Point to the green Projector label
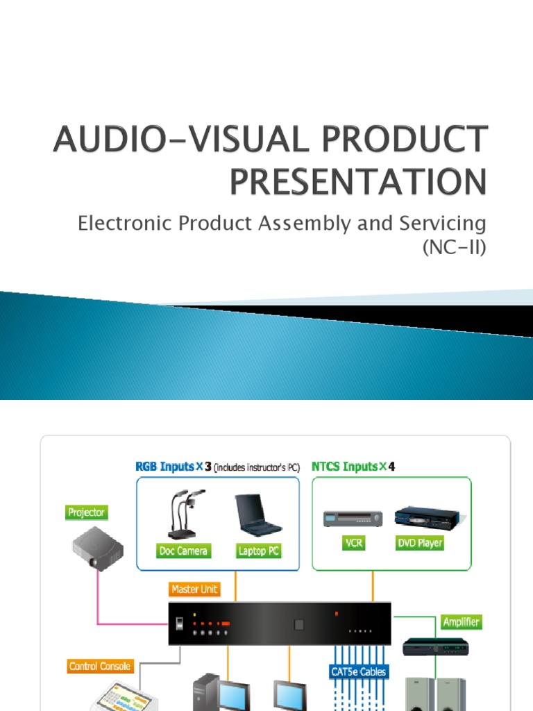point(87,513)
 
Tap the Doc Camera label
point(183,551)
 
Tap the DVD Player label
point(418,544)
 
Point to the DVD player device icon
point(419,518)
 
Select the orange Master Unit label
point(194,589)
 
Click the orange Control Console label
point(100,667)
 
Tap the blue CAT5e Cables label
point(358,671)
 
